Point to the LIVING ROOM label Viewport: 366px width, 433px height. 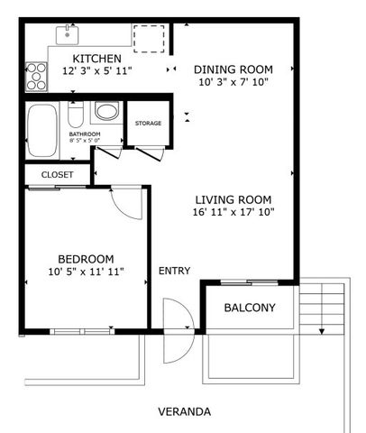tap(233, 199)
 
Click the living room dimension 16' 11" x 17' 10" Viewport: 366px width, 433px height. tap(233, 213)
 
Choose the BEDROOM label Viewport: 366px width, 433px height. tap(86, 257)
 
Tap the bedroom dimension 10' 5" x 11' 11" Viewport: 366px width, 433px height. tap(86, 271)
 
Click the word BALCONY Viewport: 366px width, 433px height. tap(249, 308)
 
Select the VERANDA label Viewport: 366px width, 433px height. tap(184, 411)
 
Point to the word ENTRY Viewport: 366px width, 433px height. tap(174, 271)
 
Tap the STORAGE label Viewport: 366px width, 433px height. tap(148, 123)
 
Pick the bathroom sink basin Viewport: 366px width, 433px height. tap(106, 114)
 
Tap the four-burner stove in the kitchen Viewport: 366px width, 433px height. tap(37, 77)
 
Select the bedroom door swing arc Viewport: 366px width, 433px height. tap(126, 205)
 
